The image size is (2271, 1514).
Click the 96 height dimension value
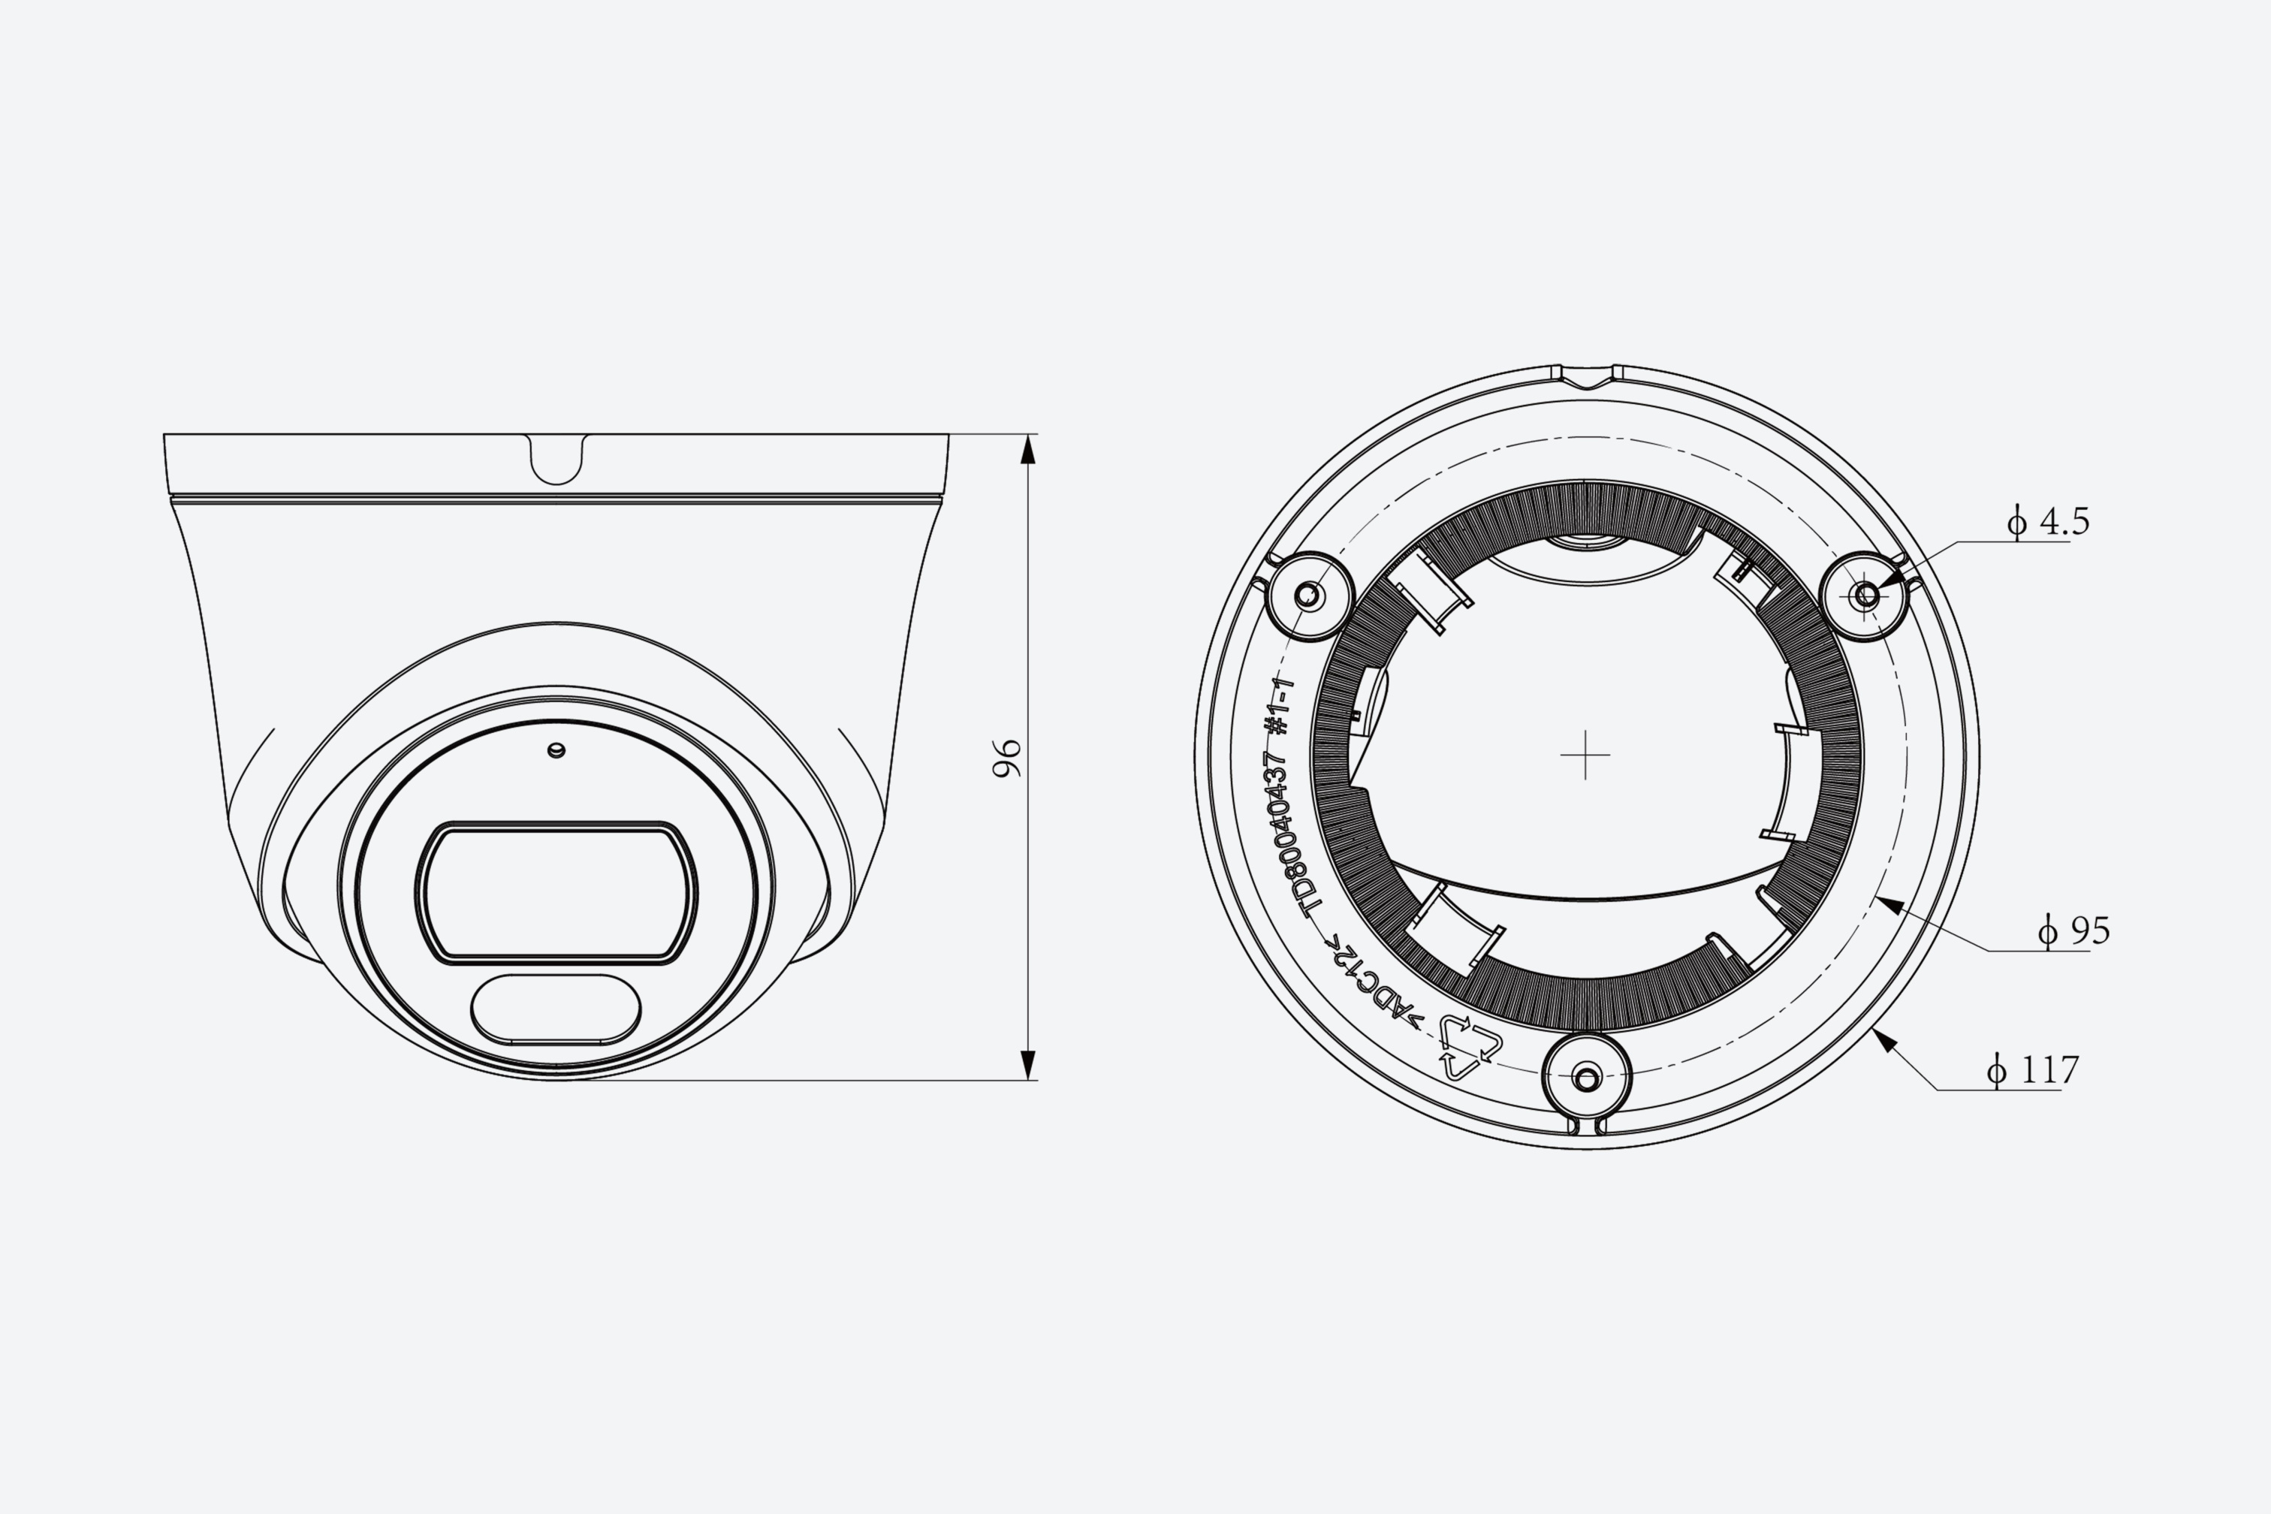(x=1007, y=758)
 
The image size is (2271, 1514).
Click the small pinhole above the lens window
(x=556, y=750)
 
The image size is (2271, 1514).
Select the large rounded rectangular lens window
(x=556, y=893)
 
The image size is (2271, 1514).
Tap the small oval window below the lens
(x=556, y=1009)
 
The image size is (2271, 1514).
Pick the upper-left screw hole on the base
(x=1308, y=595)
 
